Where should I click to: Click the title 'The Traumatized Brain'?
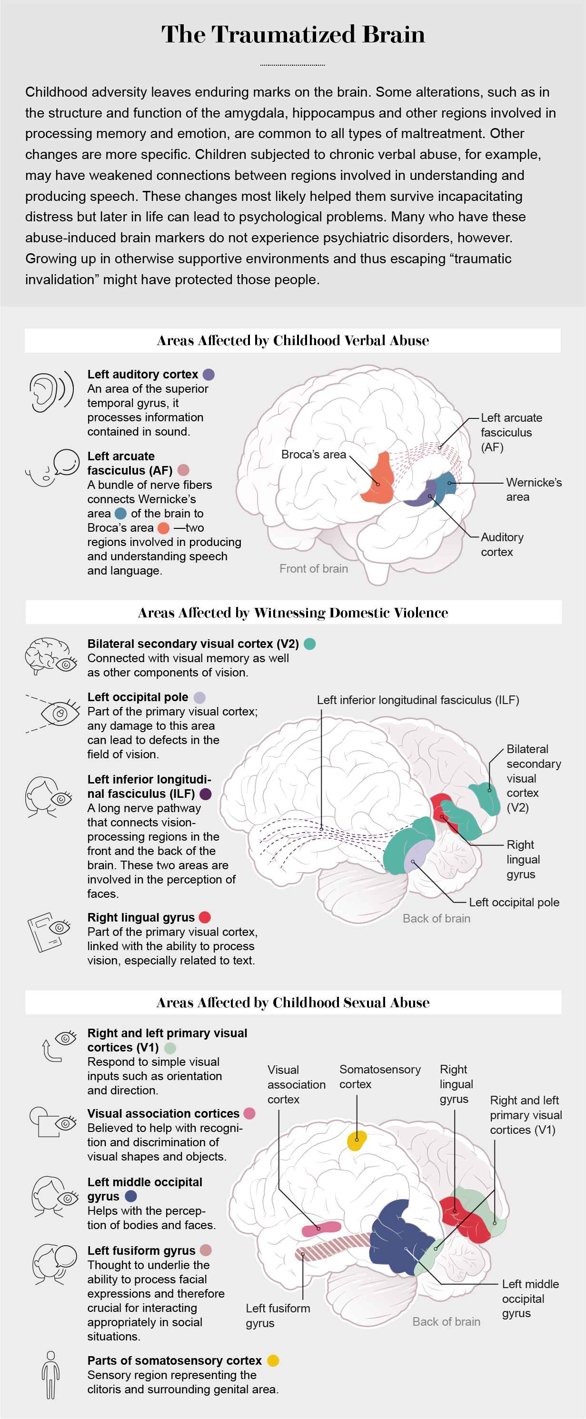point(293,34)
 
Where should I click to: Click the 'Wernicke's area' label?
point(534,490)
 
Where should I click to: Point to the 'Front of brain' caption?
point(313,568)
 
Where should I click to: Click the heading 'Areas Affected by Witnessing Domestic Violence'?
point(293,613)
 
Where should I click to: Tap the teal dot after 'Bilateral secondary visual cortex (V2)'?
point(310,644)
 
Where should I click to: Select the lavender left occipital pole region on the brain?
point(418,856)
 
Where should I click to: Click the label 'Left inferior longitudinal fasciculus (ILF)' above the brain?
point(417,700)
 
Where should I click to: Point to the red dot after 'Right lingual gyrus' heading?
point(205,917)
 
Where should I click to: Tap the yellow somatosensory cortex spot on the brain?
point(357,1140)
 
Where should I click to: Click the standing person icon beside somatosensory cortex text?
point(50,1375)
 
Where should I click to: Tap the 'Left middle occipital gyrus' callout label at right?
point(530,1299)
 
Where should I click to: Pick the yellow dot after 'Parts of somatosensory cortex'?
point(273,1360)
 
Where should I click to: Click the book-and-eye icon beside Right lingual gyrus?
point(49,932)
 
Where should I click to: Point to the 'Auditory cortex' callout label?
point(502,544)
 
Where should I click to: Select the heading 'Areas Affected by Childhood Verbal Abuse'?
point(293,340)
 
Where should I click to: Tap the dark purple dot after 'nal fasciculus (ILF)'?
point(206,794)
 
